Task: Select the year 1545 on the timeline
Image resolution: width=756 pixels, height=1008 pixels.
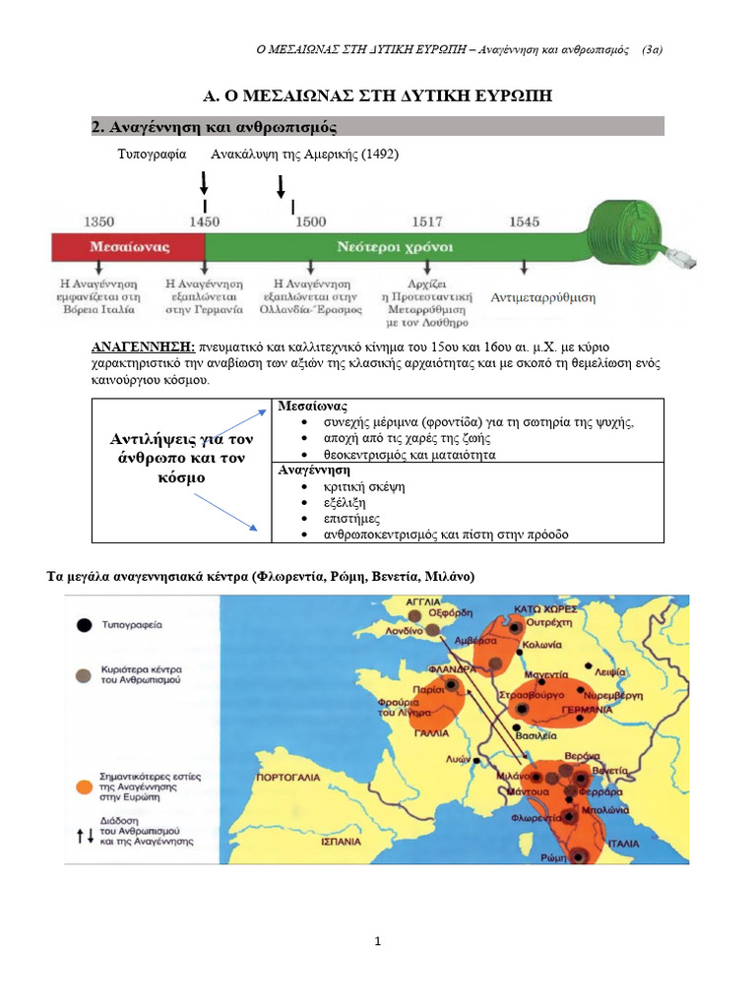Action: [524, 221]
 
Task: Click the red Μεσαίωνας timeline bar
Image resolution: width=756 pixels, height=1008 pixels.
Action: [128, 247]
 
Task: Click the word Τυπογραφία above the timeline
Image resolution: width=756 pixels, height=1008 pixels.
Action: [152, 156]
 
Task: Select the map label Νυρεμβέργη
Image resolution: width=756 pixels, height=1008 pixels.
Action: [610, 694]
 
